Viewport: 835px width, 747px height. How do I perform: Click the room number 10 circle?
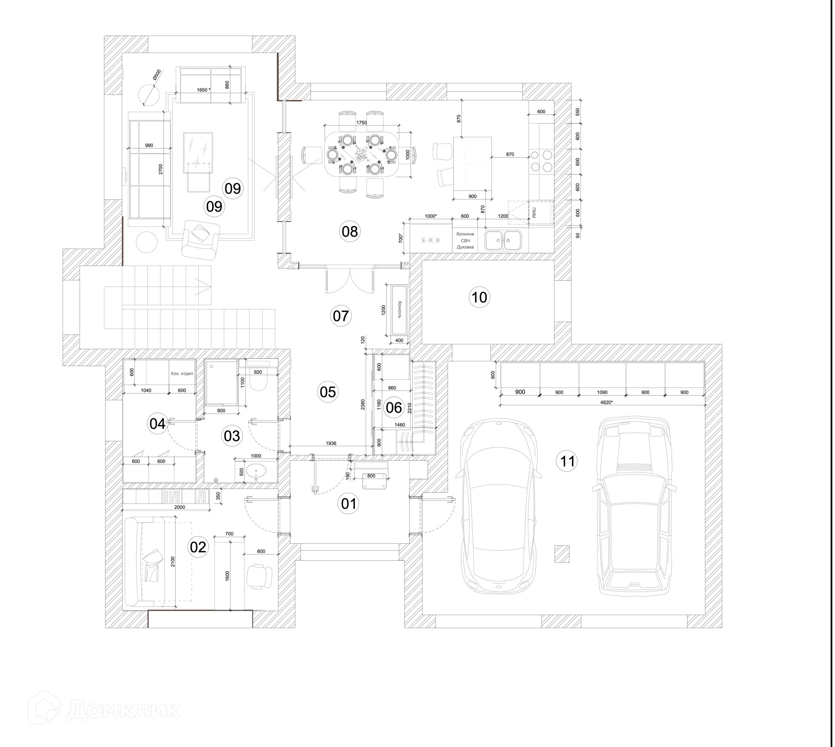pos(479,297)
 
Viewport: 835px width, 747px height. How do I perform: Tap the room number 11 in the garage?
pos(567,461)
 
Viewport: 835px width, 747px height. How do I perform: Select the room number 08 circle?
pos(350,232)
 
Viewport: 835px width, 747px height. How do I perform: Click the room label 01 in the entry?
pos(348,504)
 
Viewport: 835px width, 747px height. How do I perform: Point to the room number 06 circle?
pos(394,407)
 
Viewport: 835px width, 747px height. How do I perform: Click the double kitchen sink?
pos(504,239)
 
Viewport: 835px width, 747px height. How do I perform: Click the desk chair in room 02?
pos(259,576)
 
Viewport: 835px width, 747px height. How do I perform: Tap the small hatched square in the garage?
pos(561,554)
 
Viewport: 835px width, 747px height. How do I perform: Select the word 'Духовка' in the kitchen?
pos(465,247)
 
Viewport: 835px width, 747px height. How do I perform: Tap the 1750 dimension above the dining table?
pos(361,123)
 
